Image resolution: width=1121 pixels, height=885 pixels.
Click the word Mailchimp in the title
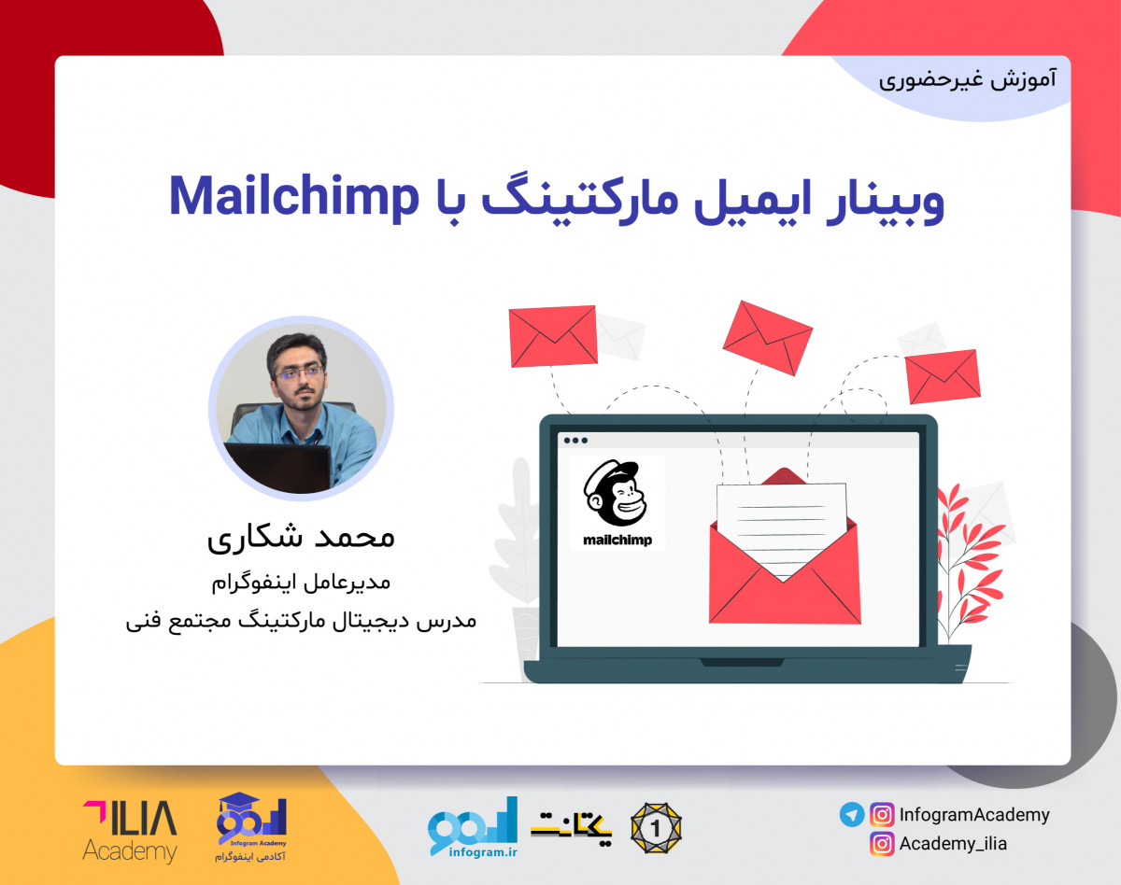click(291, 197)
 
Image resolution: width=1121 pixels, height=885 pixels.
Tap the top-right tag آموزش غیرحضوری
click(967, 78)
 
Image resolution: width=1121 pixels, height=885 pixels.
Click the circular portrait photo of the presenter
click(301, 408)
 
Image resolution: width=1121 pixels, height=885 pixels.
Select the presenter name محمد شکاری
click(301, 538)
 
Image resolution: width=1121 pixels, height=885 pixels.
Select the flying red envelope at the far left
click(553, 336)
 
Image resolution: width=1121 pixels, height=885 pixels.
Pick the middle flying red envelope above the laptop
click(767, 337)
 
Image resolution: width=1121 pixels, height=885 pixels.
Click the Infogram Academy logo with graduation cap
click(251, 827)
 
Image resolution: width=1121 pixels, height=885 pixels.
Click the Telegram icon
click(851, 815)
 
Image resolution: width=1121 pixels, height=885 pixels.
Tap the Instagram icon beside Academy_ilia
click(881, 844)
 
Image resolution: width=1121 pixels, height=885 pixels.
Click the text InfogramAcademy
click(974, 815)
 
